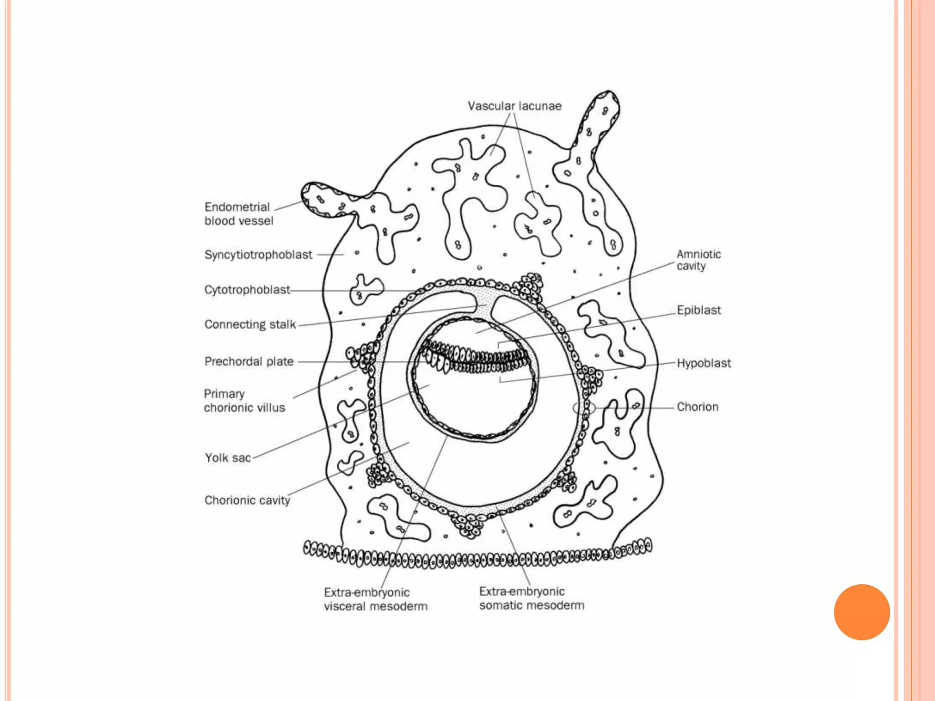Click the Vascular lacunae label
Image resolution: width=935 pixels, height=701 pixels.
tap(515, 106)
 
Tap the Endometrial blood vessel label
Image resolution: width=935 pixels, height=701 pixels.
tap(238, 214)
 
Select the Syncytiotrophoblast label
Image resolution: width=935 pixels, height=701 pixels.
tap(258, 255)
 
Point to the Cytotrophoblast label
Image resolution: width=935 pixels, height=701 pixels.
tap(247, 290)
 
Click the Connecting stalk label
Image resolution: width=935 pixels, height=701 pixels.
tap(250, 324)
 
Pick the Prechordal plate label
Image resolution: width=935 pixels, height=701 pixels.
tap(249, 361)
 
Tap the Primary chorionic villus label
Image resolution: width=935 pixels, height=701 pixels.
tap(244, 401)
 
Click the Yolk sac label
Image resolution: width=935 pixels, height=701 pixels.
tap(228, 458)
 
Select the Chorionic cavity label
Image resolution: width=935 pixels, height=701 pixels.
tap(247, 500)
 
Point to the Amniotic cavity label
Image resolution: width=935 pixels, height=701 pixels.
tap(699, 260)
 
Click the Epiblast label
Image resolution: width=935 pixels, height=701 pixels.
tap(699, 310)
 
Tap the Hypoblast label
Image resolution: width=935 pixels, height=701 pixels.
tap(704, 363)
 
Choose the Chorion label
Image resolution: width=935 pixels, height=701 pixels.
tap(697, 407)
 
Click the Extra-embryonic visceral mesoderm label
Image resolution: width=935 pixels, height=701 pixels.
tap(375, 599)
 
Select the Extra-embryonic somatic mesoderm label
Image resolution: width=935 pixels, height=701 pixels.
tap(531, 598)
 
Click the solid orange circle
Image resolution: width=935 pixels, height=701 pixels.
tap(861, 612)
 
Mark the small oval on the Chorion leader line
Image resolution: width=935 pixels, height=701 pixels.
tap(584, 408)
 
